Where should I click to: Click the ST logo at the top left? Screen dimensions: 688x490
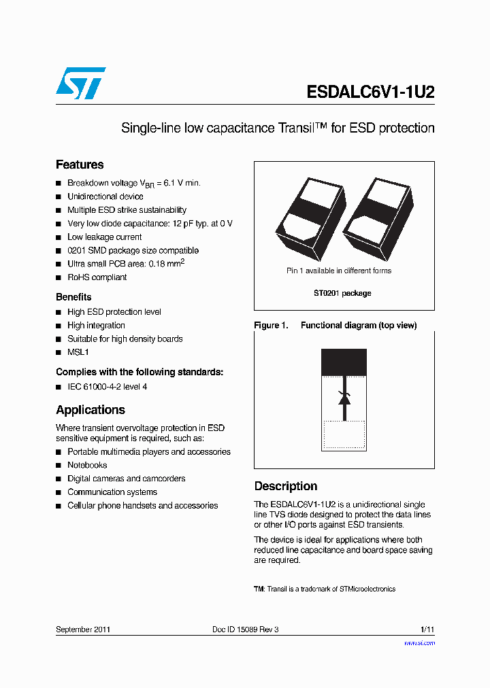tap(80, 84)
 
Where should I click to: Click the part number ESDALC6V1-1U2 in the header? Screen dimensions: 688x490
tap(370, 92)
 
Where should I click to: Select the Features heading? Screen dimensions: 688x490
tap(80, 165)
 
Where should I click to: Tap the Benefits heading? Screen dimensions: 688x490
tap(73, 297)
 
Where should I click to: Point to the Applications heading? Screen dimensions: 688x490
tap(91, 410)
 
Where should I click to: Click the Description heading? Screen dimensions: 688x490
tap(286, 486)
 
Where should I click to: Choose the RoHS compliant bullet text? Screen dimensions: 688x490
tap(97, 277)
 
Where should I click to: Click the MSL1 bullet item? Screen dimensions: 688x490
tap(78, 352)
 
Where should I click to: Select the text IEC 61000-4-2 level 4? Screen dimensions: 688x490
tap(107, 387)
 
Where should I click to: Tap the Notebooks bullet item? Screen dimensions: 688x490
tap(87, 465)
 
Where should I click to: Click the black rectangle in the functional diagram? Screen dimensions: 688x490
tap(344, 362)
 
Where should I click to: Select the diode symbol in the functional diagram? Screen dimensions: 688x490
tap(344, 398)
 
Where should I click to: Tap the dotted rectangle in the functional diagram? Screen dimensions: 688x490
tap(344, 435)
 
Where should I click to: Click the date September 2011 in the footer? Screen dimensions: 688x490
tap(83, 630)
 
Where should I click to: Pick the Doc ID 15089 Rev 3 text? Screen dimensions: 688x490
tap(245, 630)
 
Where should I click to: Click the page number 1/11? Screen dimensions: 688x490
tap(427, 630)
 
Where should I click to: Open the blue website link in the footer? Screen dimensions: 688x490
tap(419, 642)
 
